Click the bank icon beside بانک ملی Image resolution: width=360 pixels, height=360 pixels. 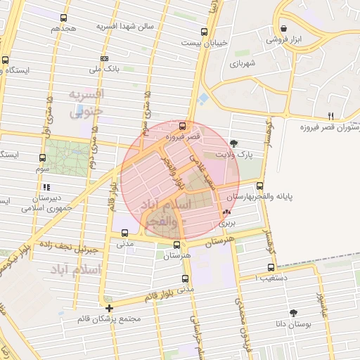pos(105,58)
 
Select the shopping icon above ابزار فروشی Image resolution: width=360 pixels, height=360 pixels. pos(283,29)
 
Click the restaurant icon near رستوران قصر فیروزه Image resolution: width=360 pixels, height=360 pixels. pos(330,115)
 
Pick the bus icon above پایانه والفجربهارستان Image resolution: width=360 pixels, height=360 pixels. pos(260,186)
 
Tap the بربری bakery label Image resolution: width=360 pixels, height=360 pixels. pos(227,222)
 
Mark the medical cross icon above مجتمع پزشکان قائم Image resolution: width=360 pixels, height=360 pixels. pos(108,308)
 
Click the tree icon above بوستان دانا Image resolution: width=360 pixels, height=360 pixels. pos(293,313)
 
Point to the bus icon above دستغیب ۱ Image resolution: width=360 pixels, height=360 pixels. pos(271,268)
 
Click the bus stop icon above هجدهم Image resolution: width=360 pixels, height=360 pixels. pos(64,18)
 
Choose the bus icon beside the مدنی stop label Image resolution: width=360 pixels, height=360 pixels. pos(125,233)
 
